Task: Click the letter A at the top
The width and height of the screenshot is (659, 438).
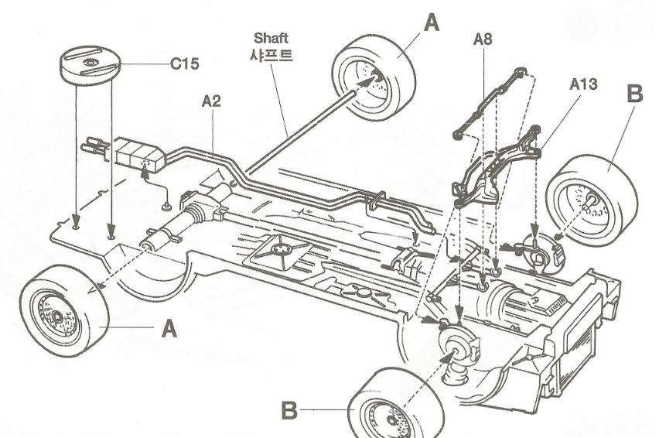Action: click(x=432, y=22)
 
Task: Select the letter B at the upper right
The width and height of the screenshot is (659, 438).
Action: click(x=633, y=95)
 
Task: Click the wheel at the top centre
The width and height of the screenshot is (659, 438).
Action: click(x=374, y=75)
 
